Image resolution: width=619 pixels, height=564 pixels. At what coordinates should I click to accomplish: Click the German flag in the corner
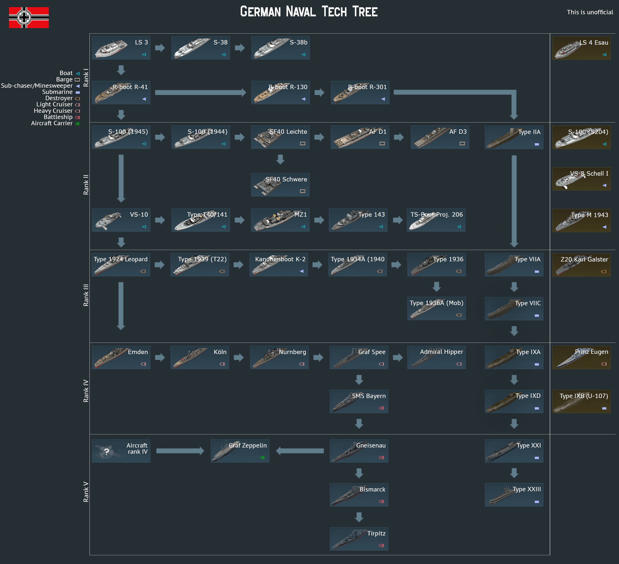point(29,17)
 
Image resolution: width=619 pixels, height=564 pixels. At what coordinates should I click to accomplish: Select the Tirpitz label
point(376,533)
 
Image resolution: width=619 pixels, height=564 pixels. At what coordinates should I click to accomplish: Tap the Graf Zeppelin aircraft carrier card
point(240,451)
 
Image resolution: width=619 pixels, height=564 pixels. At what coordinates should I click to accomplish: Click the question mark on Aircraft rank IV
point(107,452)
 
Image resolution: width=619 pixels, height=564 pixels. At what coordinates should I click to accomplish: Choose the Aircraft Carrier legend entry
point(52,123)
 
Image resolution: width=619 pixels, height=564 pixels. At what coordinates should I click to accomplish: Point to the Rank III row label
point(86,295)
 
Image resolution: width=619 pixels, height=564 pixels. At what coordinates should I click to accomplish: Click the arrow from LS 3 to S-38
point(160,48)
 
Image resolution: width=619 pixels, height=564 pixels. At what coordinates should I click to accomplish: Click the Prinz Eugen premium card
point(581,357)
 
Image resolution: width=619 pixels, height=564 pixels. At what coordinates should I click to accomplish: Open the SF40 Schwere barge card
point(280,185)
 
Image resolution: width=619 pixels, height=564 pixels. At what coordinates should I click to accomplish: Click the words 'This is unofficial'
point(590,12)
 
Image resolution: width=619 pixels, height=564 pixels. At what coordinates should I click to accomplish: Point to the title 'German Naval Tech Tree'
point(309,12)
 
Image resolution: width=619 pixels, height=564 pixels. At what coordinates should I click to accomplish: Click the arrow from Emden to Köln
point(160,357)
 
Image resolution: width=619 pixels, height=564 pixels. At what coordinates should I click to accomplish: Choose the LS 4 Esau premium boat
point(581,48)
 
